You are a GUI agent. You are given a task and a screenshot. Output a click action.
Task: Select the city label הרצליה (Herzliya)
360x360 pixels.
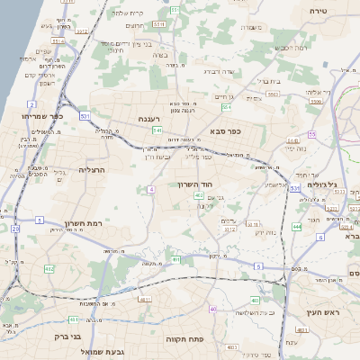[93, 169]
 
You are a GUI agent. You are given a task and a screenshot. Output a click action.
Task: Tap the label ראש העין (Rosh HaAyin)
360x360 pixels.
[322, 311]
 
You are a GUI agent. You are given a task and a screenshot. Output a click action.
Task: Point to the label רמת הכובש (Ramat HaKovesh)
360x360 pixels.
[291, 47]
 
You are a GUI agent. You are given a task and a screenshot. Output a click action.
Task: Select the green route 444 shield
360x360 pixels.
[296, 227]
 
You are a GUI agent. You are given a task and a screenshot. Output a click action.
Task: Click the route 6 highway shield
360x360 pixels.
[319, 238]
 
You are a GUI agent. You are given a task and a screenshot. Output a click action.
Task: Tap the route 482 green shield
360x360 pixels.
[49, 269]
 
